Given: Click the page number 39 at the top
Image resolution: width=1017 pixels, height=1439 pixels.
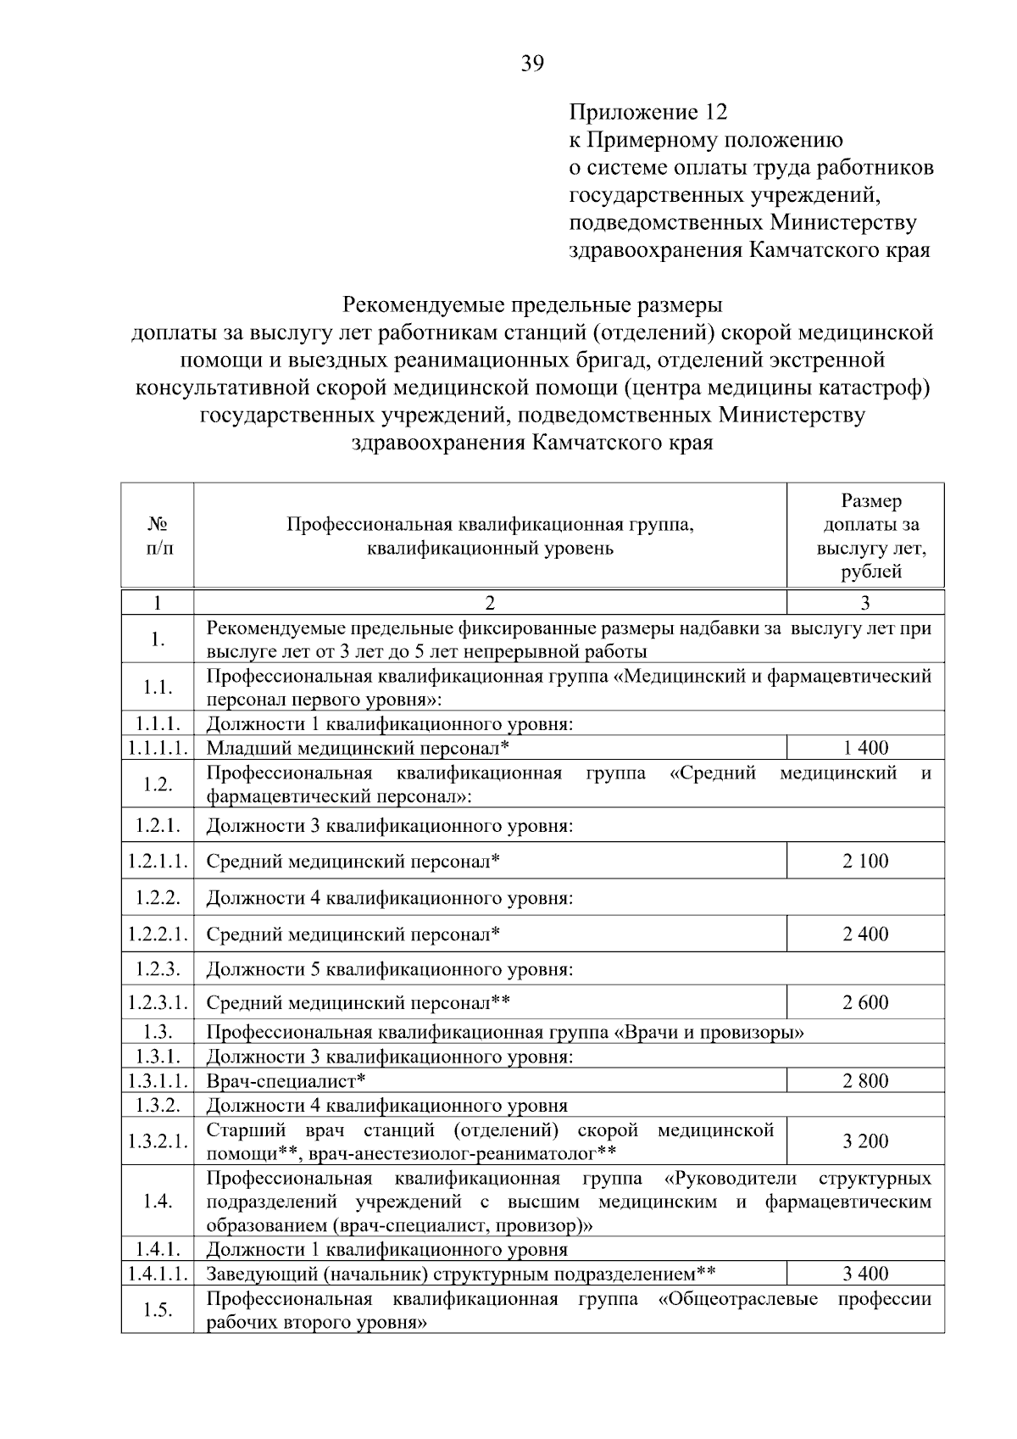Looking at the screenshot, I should coord(532,64).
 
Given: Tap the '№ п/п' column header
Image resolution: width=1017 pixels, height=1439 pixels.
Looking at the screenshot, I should coord(158,536).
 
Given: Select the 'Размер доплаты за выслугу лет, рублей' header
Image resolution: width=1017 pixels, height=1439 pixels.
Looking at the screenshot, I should coord(865,536).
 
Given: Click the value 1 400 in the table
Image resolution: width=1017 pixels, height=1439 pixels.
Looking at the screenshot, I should coord(865,748).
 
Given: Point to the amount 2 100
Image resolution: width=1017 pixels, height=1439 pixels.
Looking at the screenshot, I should coord(865,862).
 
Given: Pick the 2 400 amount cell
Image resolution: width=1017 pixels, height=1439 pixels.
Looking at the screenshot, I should coord(865,934).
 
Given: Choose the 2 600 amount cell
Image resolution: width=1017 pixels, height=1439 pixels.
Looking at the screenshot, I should coord(865,1003).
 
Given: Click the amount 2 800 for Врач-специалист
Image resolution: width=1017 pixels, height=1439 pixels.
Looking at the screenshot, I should coord(865,1081).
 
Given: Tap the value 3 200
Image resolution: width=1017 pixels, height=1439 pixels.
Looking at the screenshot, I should coord(865,1141).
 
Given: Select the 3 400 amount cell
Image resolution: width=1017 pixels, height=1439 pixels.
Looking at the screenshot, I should coord(865,1274).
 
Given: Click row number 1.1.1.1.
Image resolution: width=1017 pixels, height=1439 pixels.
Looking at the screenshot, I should coord(158,748).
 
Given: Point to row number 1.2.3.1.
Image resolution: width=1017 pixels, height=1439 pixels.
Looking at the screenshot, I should coord(158,1003).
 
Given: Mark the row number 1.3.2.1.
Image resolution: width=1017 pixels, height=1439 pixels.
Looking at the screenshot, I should coord(158,1141).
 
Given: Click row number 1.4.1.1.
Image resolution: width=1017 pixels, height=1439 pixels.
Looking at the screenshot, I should coord(158,1274).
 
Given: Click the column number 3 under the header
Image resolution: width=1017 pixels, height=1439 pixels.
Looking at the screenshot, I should coord(865,603).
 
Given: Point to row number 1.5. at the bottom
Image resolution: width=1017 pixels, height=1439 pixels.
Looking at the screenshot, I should coord(158,1310).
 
